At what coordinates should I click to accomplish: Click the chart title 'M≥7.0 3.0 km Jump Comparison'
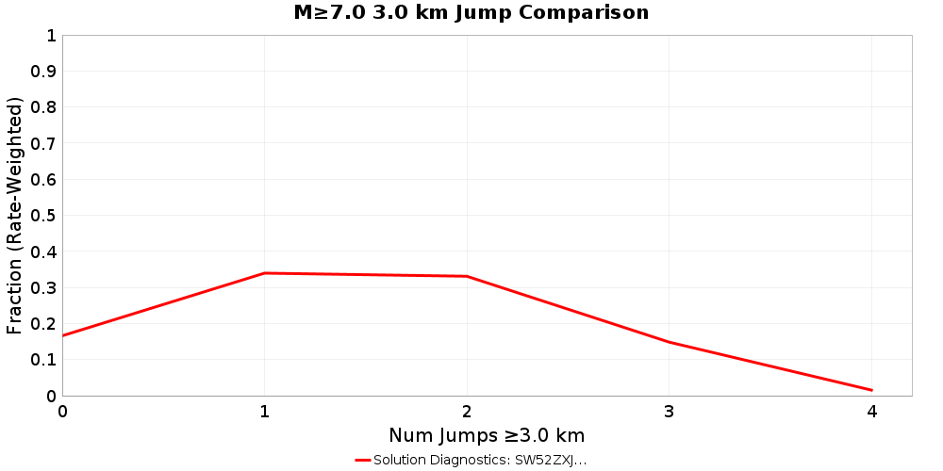click(471, 12)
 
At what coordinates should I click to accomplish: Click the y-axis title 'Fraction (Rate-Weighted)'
click(14, 215)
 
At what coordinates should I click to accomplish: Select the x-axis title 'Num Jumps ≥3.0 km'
click(487, 435)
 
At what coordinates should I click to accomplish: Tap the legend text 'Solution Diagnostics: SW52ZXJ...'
click(480, 460)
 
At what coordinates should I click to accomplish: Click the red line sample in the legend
click(363, 460)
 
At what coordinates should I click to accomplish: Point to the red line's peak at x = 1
click(265, 273)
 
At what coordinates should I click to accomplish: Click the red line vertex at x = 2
click(467, 276)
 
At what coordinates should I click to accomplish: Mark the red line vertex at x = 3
click(670, 342)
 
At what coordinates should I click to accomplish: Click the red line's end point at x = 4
click(871, 390)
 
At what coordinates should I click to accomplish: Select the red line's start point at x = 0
click(63, 335)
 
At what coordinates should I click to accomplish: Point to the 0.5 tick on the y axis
click(45, 216)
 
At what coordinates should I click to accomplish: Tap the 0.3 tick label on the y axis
click(45, 288)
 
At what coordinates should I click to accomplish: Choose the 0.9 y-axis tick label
click(45, 72)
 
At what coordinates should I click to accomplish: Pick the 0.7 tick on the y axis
click(45, 144)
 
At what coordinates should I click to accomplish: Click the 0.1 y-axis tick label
click(45, 360)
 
